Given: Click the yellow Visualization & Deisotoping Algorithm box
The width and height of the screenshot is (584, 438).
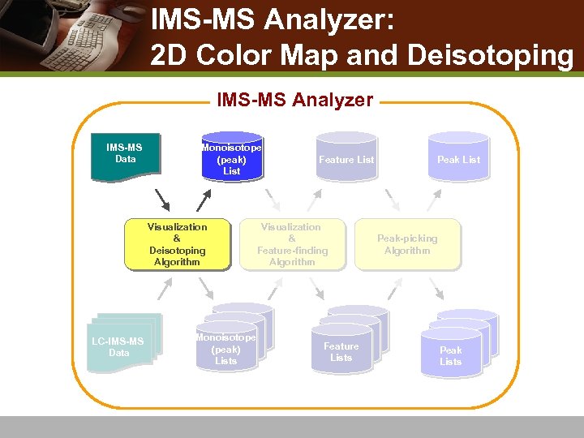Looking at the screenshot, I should (177, 244).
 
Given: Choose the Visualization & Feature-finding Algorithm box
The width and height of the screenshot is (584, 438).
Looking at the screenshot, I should (292, 244).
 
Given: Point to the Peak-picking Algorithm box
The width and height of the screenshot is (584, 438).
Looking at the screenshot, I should (407, 244).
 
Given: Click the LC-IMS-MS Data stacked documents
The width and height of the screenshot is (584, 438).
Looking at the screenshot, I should (122, 344).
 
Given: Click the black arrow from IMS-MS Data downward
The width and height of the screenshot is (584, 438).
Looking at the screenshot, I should (162, 200).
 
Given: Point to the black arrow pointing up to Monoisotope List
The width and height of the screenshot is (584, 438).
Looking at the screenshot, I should (204, 200).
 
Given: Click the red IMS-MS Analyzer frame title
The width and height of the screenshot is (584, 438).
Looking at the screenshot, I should (294, 101).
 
